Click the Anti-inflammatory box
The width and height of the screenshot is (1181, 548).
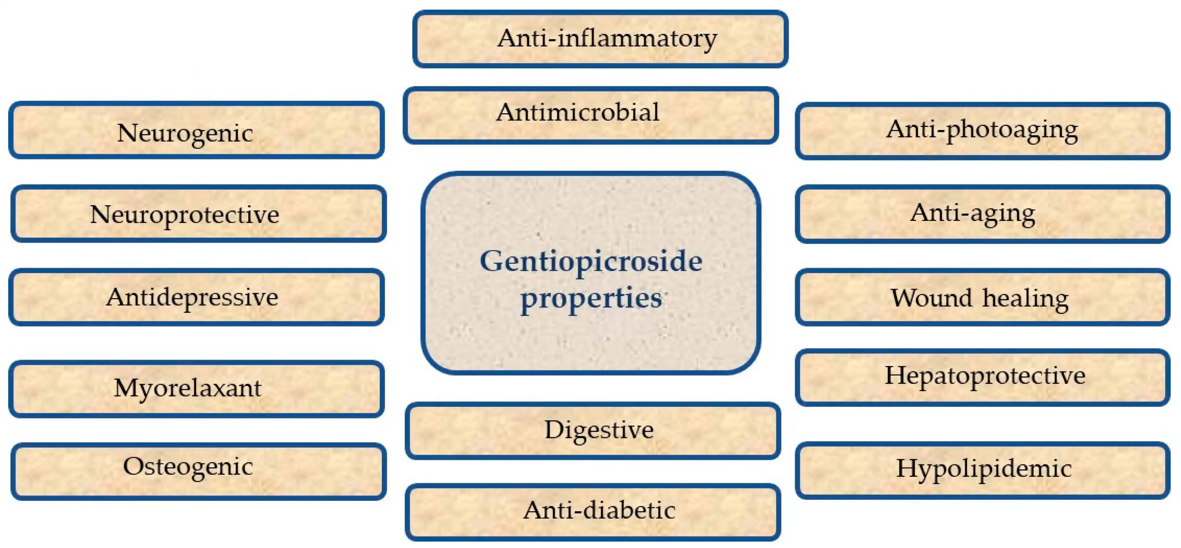click(x=601, y=39)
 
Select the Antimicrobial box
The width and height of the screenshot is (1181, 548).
click(x=590, y=115)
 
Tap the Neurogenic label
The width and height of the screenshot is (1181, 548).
click(x=185, y=133)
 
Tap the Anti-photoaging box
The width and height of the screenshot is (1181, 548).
click(x=982, y=131)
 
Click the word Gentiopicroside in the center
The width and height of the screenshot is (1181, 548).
click(x=591, y=261)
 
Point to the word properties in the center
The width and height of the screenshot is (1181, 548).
click(x=591, y=298)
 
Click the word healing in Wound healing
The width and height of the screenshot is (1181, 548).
click(x=1025, y=298)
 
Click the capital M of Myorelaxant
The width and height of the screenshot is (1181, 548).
click(x=126, y=388)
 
